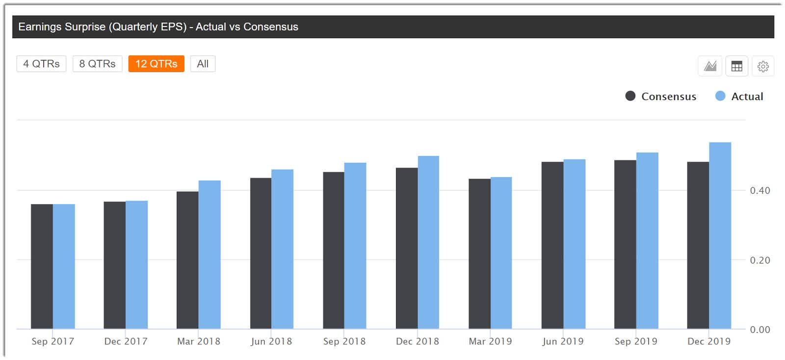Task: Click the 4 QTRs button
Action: pyautogui.click(x=41, y=64)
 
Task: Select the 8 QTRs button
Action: pyautogui.click(x=97, y=64)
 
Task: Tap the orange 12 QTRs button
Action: pyautogui.click(x=156, y=64)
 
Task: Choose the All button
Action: pyautogui.click(x=203, y=64)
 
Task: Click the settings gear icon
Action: pyautogui.click(x=762, y=66)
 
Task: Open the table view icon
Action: pyautogui.click(x=736, y=66)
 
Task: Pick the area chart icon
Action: pyautogui.click(x=710, y=66)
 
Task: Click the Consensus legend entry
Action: pyautogui.click(x=660, y=96)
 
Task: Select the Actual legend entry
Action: pyautogui.click(x=739, y=96)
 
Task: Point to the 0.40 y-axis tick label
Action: pyautogui.click(x=759, y=190)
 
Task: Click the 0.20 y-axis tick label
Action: pyautogui.click(x=759, y=260)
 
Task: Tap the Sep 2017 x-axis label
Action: pyautogui.click(x=52, y=341)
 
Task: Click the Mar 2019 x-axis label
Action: pyautogui.click(x=490, y=341)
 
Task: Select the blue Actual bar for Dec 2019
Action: pyautogui.click(x=720, y=235)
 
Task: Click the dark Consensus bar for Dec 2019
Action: pyautogui.click(x=698, y=245)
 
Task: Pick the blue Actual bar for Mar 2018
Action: pyautogui.click(x=209, y=255)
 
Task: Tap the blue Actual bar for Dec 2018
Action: pyautogui.click(x=428, y=242)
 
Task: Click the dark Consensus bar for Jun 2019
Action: pyautogui.click(x=552, y=245)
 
